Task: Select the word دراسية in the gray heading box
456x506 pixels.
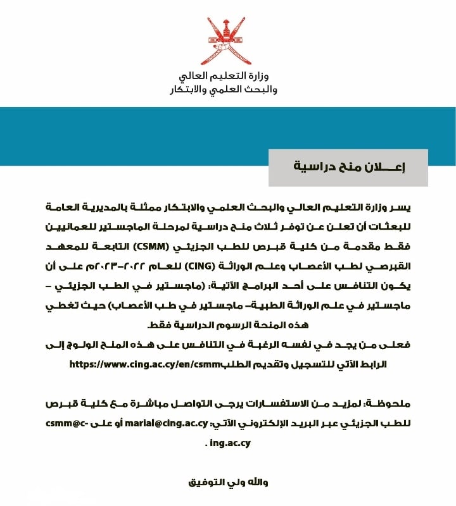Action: pyautogui.click(x=314, y=168)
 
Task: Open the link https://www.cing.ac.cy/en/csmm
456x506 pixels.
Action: pyautogui.click(x=137, y=365)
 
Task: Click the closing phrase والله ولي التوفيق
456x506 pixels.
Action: pyautogui.click(x=229, y=483)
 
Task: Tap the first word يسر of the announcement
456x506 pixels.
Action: pyautogui.click(x=402, y=208)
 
